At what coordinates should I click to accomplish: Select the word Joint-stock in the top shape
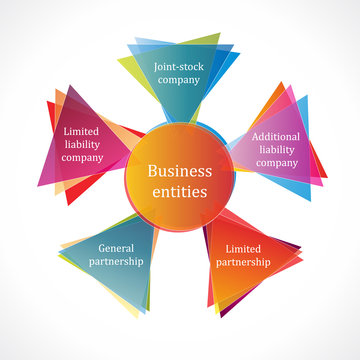[x=178, y=67]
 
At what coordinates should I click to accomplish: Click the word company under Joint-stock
[x=178, y=81]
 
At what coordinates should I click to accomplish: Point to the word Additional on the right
[x=276, y=137]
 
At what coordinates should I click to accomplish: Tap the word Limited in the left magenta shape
[x=83, y=131]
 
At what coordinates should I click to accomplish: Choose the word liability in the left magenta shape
[x=83, y=144]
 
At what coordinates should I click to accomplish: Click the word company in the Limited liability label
[x=83, y=157]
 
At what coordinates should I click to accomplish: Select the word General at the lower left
[x=117, y=248]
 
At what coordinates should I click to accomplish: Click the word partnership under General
[x=117, y=261]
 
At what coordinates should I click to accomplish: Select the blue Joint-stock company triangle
[x=178, y=100]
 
